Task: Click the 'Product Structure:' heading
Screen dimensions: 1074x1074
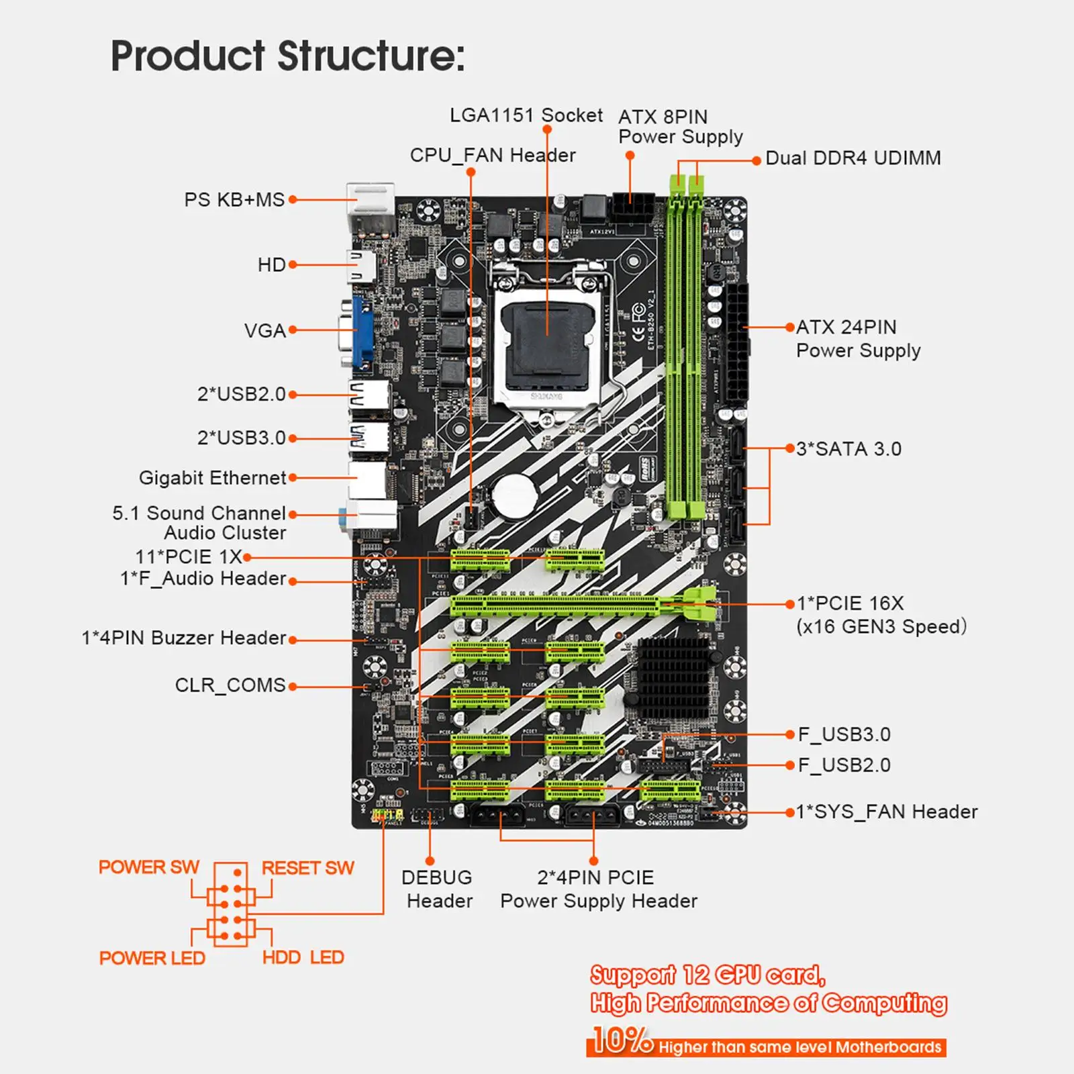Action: [x=287, y=56]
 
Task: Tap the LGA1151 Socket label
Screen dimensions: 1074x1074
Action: [x=526, y=115]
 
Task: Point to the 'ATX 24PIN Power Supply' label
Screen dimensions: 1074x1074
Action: [x=858, y=338]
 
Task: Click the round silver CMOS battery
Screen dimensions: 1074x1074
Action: [x=514, y=495]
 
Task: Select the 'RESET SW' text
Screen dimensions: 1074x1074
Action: [x=307, y=868]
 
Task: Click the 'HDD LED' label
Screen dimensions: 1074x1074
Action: [x=303, y=957]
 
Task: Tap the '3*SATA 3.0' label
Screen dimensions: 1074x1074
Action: [x=848, y=449]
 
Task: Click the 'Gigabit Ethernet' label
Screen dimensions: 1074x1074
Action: [x=212, y=478]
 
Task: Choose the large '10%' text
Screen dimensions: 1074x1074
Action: [x=622, y=1040]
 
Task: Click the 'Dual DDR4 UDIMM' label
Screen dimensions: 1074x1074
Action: [x=852, y=158]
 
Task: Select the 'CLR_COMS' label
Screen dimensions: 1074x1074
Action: [x=230, y=685]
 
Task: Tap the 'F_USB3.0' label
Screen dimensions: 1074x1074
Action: [x=844, y=734]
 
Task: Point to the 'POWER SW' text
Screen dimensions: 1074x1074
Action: [x=148, y=867]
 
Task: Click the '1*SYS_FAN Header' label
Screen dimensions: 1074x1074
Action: [x=886, y=812]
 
